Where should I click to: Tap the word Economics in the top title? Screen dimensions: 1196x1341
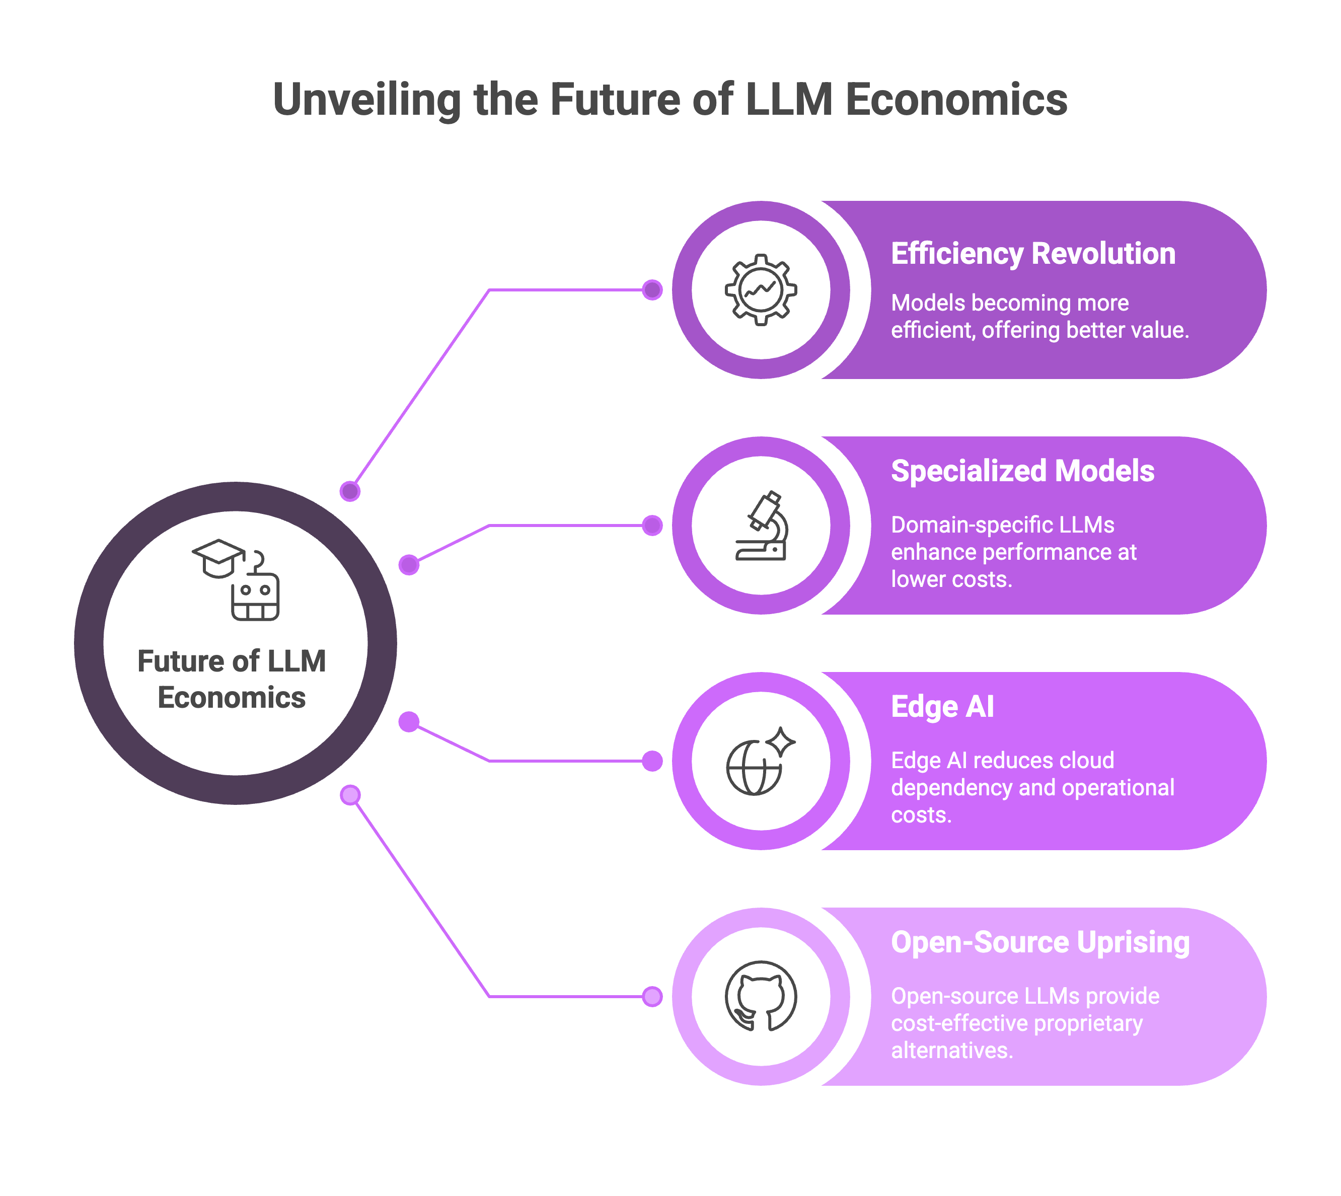[956, 100]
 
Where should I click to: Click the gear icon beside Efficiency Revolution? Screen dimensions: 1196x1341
[761, 290]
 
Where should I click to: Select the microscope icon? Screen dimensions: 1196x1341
[762, 526]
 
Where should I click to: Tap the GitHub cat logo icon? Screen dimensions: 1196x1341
[761, 996]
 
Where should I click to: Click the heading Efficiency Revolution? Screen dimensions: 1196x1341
[1033, 254]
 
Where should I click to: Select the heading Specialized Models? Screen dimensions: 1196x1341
[1022, 471]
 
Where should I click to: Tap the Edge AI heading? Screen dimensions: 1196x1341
[942, 707]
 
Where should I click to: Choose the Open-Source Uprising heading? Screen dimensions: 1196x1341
[1040, 942]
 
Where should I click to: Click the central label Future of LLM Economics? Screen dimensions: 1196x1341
[232, 679]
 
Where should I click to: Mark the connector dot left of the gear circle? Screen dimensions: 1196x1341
[652, 290]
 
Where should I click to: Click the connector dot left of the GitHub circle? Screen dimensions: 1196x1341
[652, 997]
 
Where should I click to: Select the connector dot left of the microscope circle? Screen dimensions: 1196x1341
[652, 526]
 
